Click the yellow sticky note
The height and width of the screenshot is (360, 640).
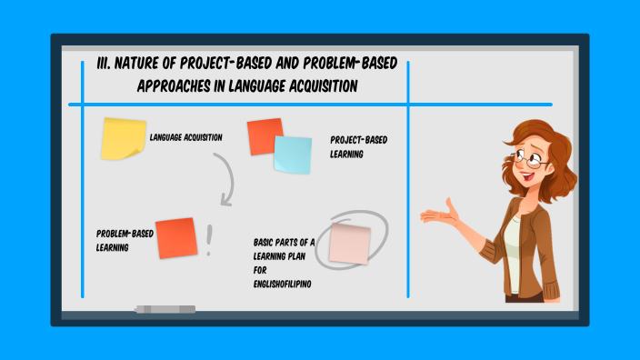click(x=123, y=138)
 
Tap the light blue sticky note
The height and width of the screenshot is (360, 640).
click(x=292, y=155)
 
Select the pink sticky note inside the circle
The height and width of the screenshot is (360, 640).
click(x=350, y=244)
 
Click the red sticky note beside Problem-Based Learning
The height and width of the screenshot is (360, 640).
click(x=175, y=238)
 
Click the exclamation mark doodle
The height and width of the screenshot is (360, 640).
click(x=209, y=239)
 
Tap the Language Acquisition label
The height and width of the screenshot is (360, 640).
click(x=186, y=137)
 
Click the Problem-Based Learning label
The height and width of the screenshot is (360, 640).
click(x=125, y=240)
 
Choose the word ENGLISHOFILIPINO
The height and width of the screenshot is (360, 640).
click(x=283, y=284)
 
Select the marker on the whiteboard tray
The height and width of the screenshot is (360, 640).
click(x=165, y=309)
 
